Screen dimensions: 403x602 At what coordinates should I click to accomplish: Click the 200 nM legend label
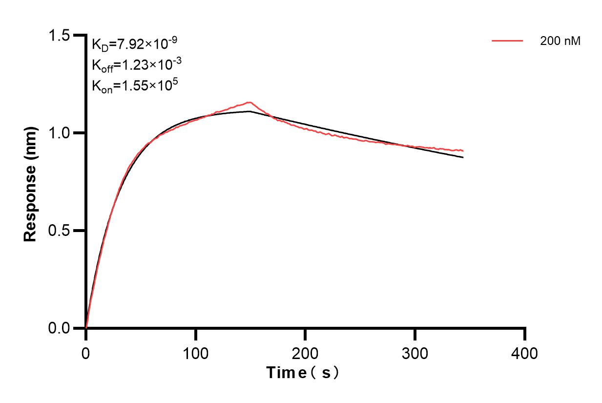click(560, 42)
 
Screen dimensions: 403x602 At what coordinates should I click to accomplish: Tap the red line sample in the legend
click(507, 42)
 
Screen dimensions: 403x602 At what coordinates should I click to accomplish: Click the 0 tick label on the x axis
click(86, 353)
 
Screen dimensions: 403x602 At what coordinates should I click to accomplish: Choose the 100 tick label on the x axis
click(195, 353)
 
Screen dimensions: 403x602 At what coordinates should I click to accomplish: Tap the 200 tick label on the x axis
click(305, 353)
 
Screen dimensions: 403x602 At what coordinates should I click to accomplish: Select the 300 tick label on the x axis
click(415, 353)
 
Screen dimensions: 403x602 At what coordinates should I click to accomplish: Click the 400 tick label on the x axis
click(525, 353)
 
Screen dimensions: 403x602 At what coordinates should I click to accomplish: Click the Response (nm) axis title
click(31, 182)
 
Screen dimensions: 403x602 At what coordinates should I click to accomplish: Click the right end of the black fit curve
click(463, 157)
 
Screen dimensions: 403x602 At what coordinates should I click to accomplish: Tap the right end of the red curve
click(463, 150)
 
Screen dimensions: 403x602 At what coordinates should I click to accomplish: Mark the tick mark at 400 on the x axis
click(525, 334)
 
